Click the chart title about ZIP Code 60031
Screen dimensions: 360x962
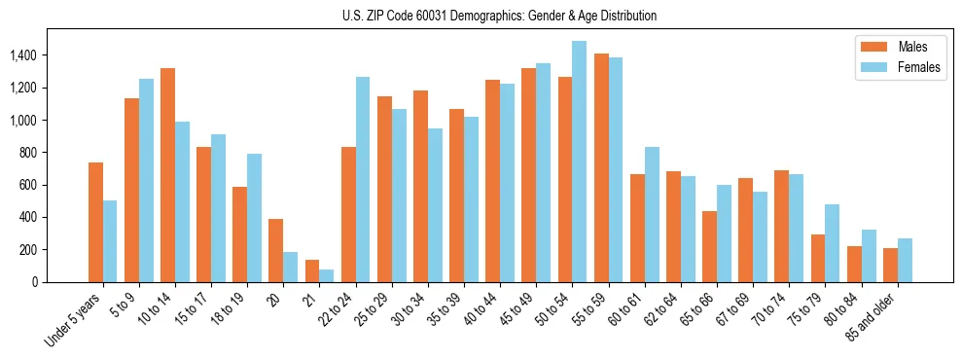coord(499,16)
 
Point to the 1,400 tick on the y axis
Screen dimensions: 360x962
coord(23,55)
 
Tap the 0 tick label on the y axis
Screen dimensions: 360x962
coord(36,282)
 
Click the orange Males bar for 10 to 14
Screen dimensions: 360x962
coord(167,175)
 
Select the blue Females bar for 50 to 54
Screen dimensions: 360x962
coord(580,162)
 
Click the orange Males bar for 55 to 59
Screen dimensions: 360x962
coord(601,167)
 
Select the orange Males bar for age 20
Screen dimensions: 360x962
coord(275,250)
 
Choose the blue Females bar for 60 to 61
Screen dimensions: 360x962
coord(652,214)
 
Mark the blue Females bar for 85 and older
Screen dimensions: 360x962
coord(905,260)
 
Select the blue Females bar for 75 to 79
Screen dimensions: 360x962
coord(833,243)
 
